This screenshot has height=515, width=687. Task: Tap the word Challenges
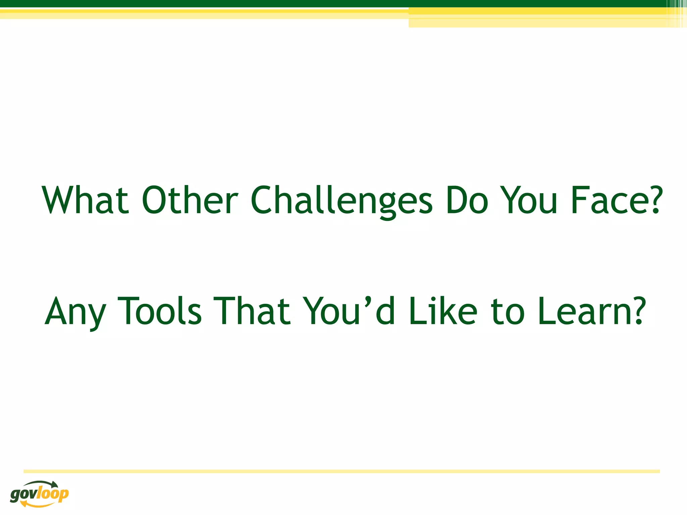point(341,201)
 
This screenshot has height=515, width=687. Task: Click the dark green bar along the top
point(335,3)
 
